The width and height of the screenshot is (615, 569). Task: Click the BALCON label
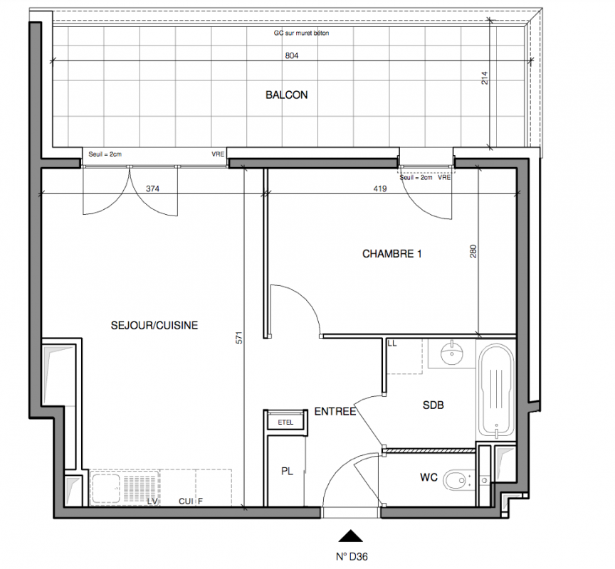coord(287,95)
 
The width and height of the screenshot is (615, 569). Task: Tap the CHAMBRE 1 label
coord(391,254)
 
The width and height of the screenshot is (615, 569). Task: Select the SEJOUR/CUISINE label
coord(154,325)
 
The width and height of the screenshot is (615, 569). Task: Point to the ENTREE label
coord(335,412)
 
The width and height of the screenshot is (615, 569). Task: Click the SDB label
coord(433,405)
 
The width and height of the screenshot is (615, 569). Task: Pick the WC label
coord(429,477)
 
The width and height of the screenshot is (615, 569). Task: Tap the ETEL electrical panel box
coord(285,422)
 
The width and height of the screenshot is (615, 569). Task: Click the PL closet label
coord(287,472)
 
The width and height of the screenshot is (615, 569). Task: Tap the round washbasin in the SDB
coord(452,353)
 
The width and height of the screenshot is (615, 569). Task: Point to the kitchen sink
coord(105,489)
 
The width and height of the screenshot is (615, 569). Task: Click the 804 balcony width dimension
coord(291,55)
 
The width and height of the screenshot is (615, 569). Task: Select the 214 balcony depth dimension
coord(485,78)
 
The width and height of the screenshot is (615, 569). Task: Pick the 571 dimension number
coord(239,338)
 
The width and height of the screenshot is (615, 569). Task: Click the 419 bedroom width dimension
coord(379,188)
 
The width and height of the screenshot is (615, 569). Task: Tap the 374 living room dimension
coord(152,188)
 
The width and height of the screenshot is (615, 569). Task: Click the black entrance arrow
coord(350,536)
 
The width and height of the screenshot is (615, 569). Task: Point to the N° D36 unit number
coord(352,556)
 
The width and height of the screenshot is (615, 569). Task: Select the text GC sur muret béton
coord(301,33)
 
